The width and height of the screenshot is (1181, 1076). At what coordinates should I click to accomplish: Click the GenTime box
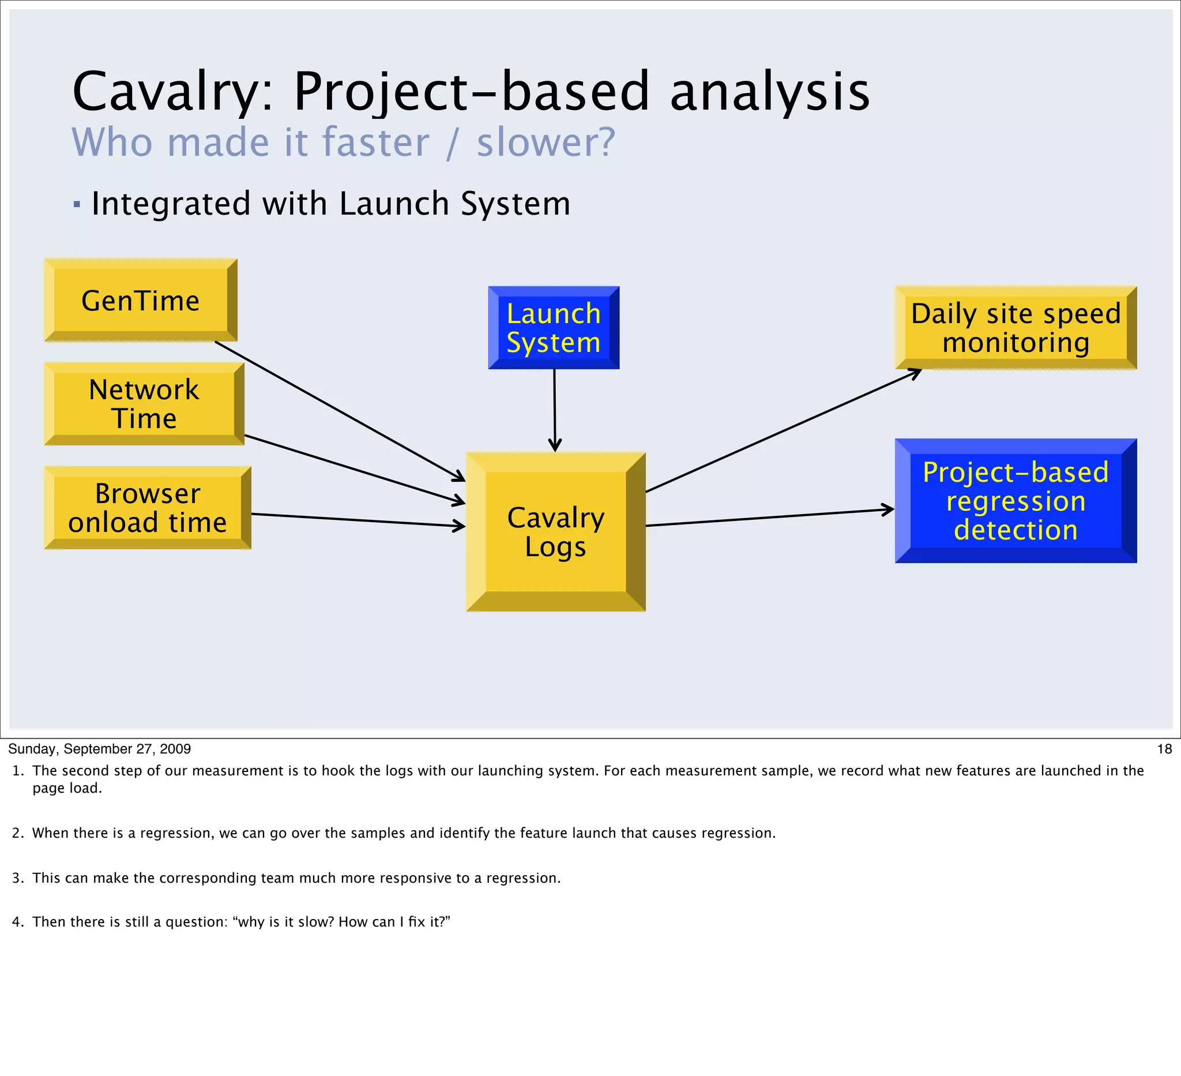coord(141,301)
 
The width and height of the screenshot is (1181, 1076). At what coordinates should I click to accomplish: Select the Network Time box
coord(144,404)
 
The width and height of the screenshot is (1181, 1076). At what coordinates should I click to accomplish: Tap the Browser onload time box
coord(148,508)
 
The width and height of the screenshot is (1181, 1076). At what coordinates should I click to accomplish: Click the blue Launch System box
coord(554,328)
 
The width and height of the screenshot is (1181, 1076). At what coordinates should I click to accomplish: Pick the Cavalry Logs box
coord(555,531)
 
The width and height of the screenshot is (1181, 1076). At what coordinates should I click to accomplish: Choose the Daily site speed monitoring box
coord(1015,328)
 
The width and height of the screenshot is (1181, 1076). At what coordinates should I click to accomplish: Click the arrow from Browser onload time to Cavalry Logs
coord(358,520)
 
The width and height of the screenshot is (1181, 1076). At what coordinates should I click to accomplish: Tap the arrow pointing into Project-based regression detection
coord(770,518)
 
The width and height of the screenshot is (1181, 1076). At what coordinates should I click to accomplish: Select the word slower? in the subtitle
coord(546,143)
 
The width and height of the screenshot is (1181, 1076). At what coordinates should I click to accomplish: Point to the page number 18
coord(1164,749)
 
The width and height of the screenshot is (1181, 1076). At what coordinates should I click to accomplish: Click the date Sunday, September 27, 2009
coord(100,749)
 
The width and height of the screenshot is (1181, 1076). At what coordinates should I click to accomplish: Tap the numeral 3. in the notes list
coord(17,878)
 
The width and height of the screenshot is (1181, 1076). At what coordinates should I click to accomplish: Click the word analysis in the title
coord(770,92)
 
